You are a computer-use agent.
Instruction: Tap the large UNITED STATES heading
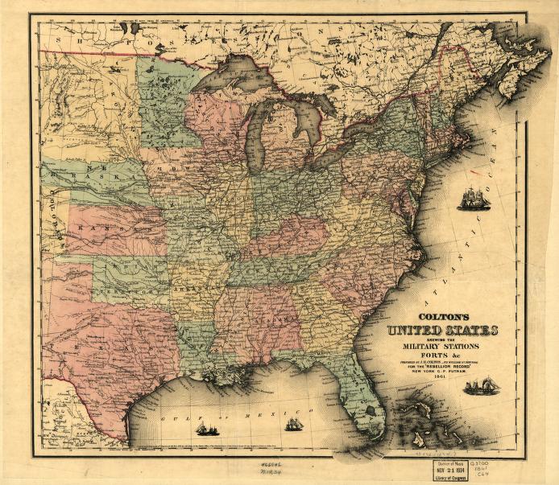point(442,331)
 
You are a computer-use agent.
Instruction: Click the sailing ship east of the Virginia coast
point(473,198)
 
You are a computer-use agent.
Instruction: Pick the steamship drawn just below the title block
point(482,388)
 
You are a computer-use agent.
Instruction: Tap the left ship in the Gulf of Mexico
point(206,428)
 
